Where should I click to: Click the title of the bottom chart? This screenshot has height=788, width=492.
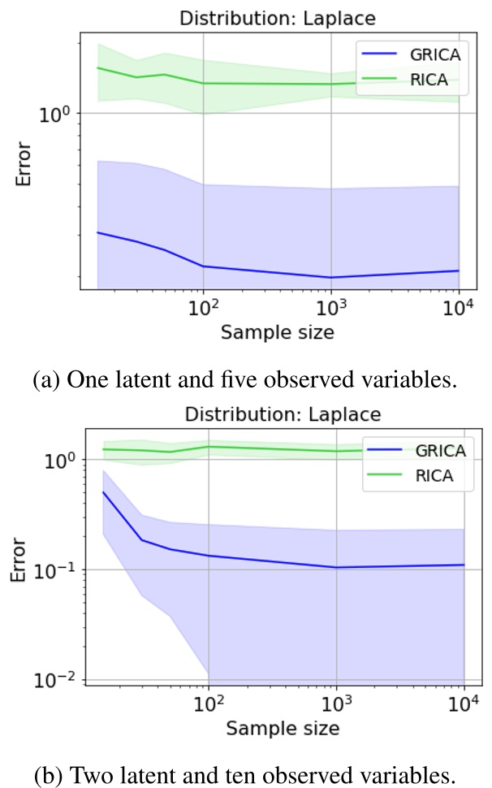point(283,414)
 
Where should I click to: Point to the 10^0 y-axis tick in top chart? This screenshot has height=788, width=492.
point(56,114)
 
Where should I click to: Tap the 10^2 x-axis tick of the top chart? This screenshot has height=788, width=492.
point(202,310)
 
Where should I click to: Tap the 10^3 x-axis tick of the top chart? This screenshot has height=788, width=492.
point(330,310)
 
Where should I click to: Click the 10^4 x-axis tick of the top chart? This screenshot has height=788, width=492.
point(459,310)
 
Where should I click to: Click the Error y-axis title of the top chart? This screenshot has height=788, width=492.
point(24,164)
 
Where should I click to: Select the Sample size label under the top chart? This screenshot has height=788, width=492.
point(278,332)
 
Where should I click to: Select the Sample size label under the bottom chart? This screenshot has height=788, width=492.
point(283,729)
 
